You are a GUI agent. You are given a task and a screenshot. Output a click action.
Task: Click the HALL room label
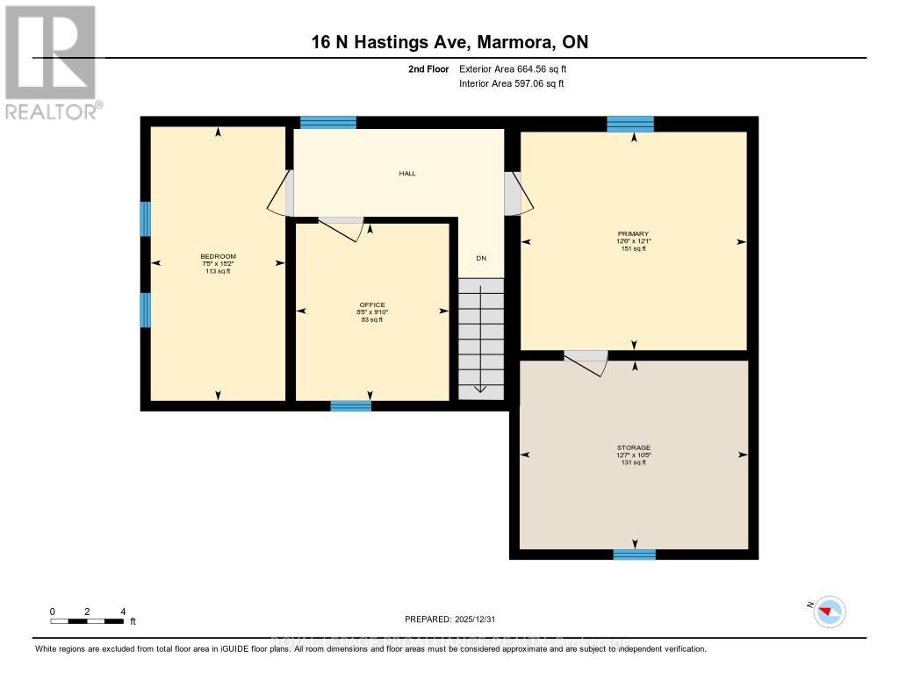(x=407, y=174)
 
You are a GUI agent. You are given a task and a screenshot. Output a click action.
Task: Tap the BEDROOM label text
(x=218, y=256)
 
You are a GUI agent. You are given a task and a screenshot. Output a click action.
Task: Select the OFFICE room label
(x=372, y=304)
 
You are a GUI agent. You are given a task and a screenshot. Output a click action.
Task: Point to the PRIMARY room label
(x=632, y=233)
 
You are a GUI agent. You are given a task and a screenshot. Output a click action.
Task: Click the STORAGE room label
(x=633, y=447)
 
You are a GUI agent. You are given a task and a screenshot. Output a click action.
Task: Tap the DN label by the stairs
(x=481, y=258)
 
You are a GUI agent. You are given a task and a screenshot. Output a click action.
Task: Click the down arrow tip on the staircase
(x=480, y=390)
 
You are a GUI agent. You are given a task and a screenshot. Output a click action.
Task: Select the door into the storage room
(x=586, y=361)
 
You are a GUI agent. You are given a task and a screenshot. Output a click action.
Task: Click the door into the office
(x=341, y=227)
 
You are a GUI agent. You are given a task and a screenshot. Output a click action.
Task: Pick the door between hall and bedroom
(x=282, y=193)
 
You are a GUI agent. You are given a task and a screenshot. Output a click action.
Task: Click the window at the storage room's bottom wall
(x=634, y=554)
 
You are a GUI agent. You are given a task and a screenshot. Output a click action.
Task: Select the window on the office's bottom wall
(x=350, y=405)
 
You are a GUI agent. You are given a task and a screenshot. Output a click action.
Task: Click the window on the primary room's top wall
(x=630, y=124)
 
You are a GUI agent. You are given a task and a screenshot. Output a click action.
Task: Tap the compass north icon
(x=829, y=611)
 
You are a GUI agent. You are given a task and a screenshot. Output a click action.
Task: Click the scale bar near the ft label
(x=87, y=621)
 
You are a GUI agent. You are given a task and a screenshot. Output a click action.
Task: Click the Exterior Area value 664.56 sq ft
(x=519, y=68)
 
